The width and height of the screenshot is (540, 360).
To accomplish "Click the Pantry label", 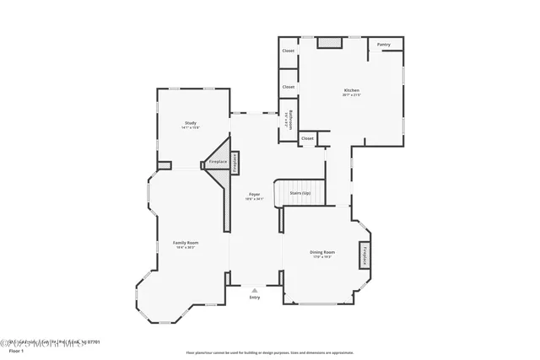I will [x=384, y=45].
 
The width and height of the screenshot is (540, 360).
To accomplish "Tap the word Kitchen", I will [x=351, y=90].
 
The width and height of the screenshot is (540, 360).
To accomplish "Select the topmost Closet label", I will [x=289, y=51].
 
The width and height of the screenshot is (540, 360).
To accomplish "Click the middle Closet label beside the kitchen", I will [x=289, y=87].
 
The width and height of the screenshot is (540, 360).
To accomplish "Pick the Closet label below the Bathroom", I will [x=307, y=138].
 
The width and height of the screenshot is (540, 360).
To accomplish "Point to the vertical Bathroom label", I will [x=288, y=119].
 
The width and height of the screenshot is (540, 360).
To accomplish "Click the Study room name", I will [x=191, y=124].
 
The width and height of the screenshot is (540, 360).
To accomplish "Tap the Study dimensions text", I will [x=191, y=129].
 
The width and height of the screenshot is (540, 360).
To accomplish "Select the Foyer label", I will [x=254, y=194].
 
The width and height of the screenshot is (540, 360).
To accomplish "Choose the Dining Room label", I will [x=322, y=252].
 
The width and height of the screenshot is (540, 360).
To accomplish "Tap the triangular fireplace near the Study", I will [x=219, y=160].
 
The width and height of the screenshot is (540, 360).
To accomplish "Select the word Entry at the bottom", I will [x=255, y=298].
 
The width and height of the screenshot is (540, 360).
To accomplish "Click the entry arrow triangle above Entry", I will [x=255, y=289].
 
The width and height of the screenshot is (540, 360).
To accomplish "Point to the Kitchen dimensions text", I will [x=351, y=95].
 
